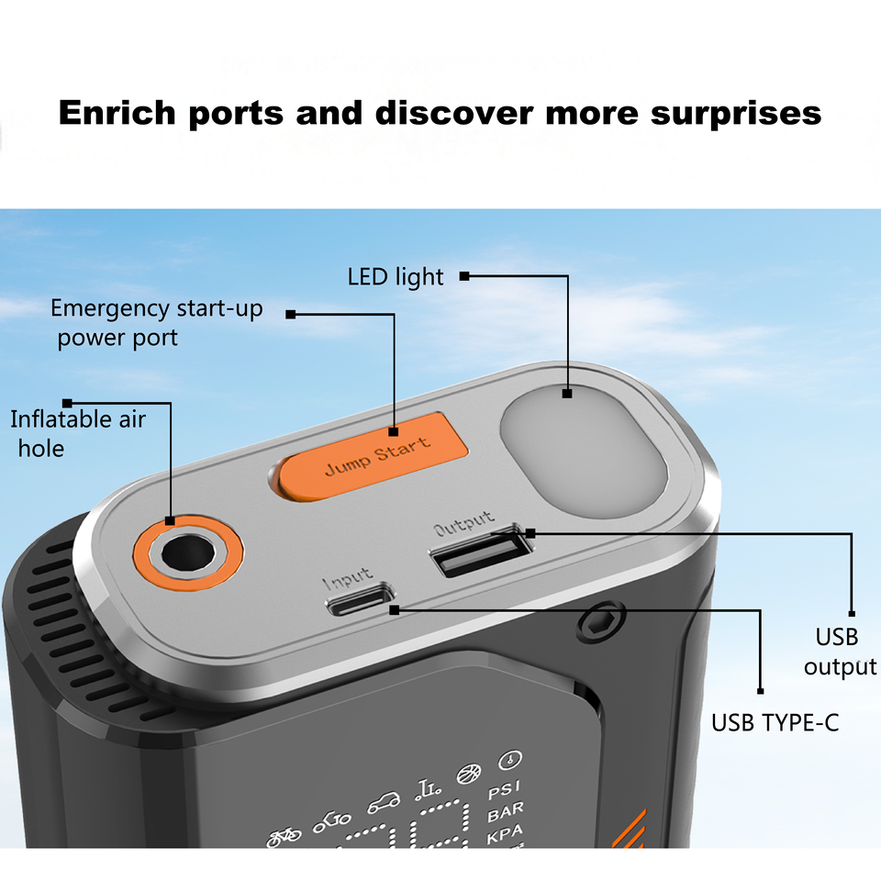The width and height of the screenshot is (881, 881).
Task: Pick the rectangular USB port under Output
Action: pyautogui.click(x=479, y=553)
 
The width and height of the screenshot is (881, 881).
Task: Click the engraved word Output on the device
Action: pyautogui.click(x=463, y=524)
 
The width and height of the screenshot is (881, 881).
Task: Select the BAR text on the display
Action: pyautogui.click(x=506, y=813)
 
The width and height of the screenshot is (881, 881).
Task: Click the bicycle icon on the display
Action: pyautogui.click(x=284, y=836)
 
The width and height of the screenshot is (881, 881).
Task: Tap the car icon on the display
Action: pyautogui.click(x=384, y=805)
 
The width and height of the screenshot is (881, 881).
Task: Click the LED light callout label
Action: pyautogui.click(x=396, y=276)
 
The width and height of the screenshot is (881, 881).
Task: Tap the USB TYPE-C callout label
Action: pyautogui.click(x=775, y=723)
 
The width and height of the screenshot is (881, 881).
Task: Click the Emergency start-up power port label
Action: pyautogui.click(x=156, y=322)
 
